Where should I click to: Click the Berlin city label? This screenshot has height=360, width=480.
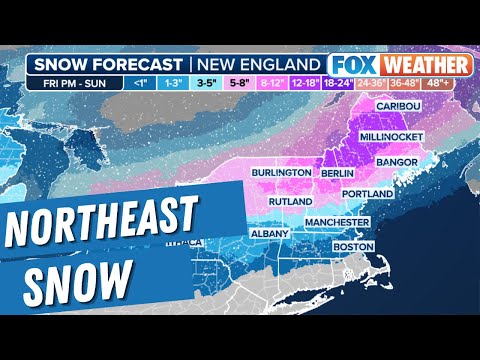tap(336, 173)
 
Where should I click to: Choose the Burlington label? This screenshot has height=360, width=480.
tap(281, 173)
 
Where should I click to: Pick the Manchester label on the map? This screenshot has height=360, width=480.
tap(337, 221)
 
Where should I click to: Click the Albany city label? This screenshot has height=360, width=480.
tap(269, 233)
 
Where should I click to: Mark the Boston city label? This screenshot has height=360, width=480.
tap(353, 245)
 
